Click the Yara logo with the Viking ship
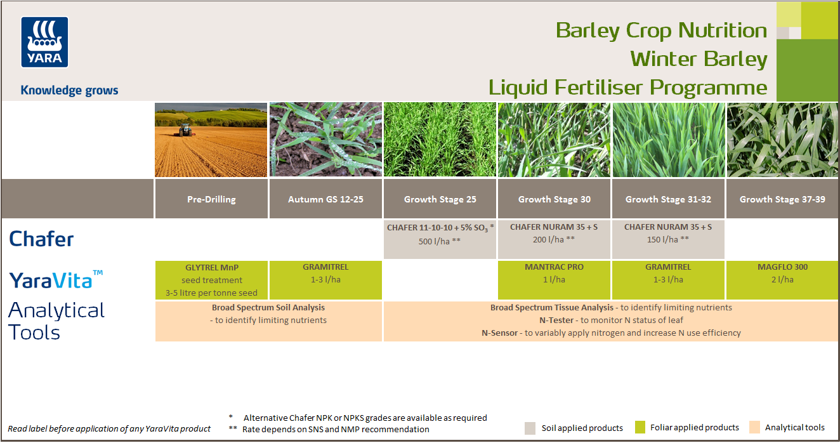pyautogui.click(x=44, y=43)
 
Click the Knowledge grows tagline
pyautogui.click(x=69, y=90)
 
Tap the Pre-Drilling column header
pyautogui.click(x=211, y=199)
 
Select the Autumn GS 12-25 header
pyautogui.click(x=325, y=199)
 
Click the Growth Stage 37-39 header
pyautogui.click(x=782, y=199)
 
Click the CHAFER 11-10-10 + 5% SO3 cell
pyautogui.click(x=440, y=227)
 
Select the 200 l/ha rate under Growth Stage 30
pyautogui.click(x=553, y=239)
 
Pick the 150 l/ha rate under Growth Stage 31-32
pyautogui.click(x=667, y=239)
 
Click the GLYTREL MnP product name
pyautogui.click(x=211, y=268)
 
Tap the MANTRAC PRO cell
pyautogui.click(x=554, y=268)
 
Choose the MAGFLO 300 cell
pyautogui.click(x=782, y=268)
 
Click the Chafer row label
pyautogui.click(x=41, y=239)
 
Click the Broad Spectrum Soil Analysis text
pyautogui.click(x=268, y=308)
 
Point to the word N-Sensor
pyautogui.click(x=501, y=333)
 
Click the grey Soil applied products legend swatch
pyautogui.click(x=530, y=428)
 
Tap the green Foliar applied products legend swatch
pyautogui.click(x=640, y=428)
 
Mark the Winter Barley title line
pyautogui.click(x=699, y=59)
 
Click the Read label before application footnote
pyautogui.click(x=109, y=429)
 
